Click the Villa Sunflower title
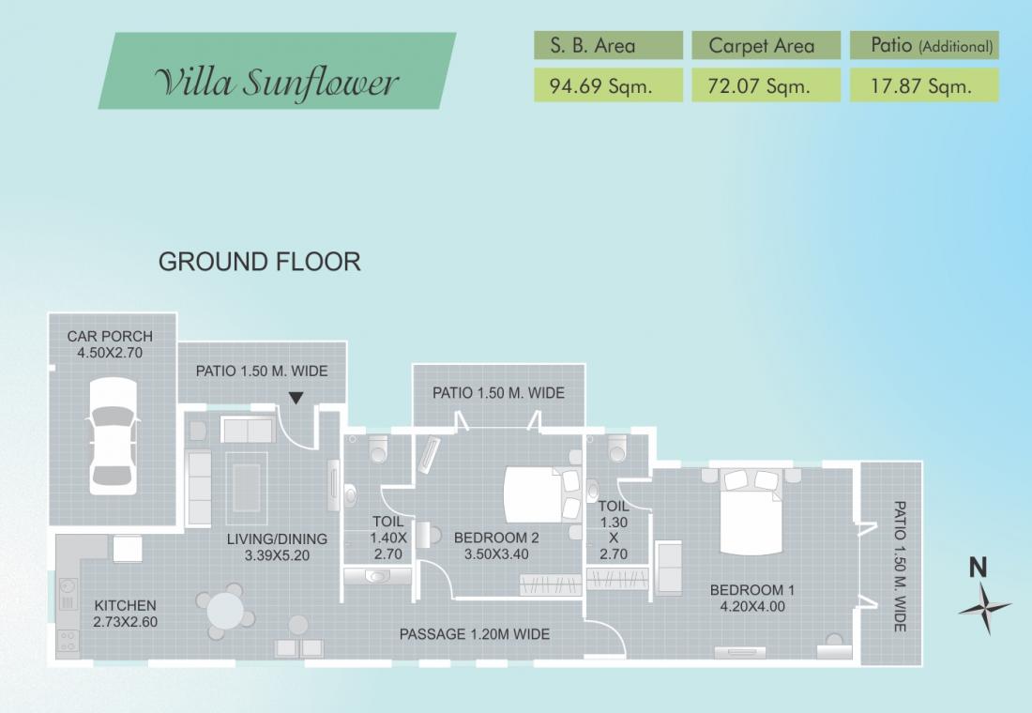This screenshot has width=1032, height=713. point(277,83)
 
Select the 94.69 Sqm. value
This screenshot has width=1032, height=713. point(600,86)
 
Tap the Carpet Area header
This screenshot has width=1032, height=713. point(762,45)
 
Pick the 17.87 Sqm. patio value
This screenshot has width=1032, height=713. point(920,86)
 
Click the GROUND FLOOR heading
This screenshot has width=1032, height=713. point(259,262)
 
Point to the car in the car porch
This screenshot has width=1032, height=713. point(114,436)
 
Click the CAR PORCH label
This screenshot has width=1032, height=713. point(110,337)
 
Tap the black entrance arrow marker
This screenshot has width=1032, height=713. point(296,398)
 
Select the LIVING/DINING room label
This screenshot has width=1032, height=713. point(277,539)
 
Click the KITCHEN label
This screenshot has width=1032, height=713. point(125,606)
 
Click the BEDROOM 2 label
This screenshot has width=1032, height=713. point(496,538)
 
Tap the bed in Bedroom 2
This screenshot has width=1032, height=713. point(542,494)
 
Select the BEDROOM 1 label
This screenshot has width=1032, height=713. point(752,590)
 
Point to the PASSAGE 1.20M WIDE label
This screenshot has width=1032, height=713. point(475,634)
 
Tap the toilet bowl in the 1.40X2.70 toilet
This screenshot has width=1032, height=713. point(378,448)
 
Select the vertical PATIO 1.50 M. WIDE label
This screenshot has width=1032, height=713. point(900,567)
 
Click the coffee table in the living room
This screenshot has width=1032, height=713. point(246,487)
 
